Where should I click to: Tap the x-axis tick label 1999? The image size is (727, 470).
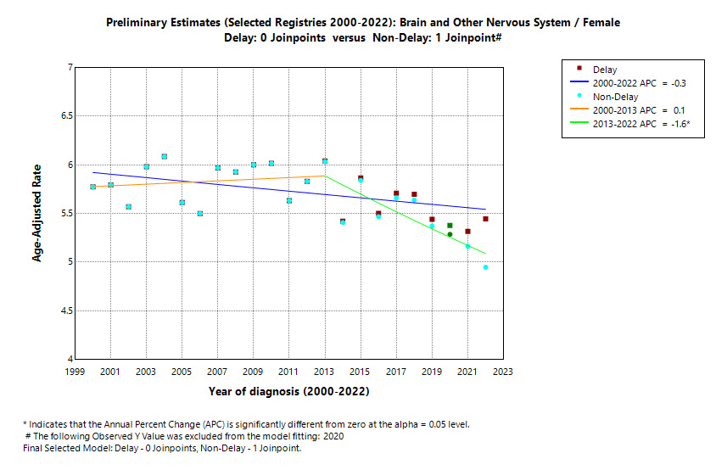tap(75, 372)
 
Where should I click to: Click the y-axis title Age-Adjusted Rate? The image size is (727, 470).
tap(37, 213)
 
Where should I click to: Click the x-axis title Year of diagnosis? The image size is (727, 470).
tap(288, 392)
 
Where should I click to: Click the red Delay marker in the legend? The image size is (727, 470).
tap(579, 68)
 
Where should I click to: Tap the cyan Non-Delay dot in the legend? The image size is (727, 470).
tap(579, 96)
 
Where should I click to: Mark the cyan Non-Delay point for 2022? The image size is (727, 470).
tap(486, 267)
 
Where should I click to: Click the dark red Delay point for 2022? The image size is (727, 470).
tap(486, 219)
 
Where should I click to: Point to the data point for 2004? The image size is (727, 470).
tap(165, 157)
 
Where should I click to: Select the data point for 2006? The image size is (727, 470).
tap(200, 214)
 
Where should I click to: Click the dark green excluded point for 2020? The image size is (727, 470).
tap(450, 234)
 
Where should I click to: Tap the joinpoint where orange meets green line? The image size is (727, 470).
tap(326, 176)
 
